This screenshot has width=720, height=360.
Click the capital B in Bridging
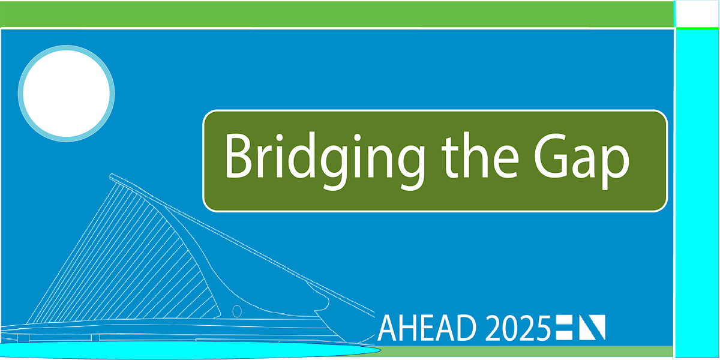coord(237,155)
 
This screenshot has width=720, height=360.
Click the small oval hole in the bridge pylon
coord(237,311)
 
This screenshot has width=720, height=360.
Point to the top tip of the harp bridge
coord(112,176)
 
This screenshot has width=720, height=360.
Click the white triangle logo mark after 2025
coord(595,326)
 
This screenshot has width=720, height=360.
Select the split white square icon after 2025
coord(564,326)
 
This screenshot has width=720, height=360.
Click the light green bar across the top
coord(336,14)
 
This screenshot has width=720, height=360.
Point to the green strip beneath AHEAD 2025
coord(528,351)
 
